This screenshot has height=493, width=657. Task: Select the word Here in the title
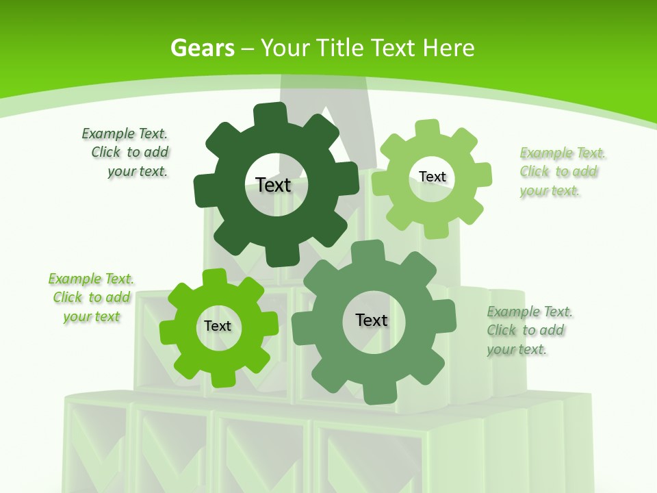tap(448, 48)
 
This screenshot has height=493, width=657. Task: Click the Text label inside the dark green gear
tap(273, 185)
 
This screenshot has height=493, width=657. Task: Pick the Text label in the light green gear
tap(432, 177)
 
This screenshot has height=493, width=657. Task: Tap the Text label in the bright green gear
tap(218, 326)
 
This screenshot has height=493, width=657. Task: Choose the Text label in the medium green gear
tap(372, 320)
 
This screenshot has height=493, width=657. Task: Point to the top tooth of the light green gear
tap(428, 128)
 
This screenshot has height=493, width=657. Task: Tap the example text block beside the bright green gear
tap(90, 297)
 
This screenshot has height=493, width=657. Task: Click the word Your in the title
tap(284, 48)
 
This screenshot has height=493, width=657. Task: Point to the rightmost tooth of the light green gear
tap(483, 174)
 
